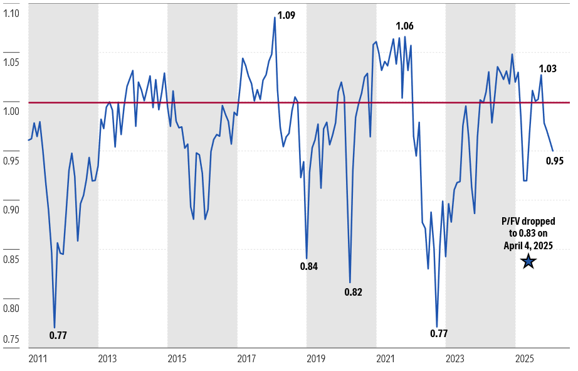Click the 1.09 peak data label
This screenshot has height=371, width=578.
pyautogui.click(x=286, y=15)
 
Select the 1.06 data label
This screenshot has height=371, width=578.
pyautogui.click(x=404, y=26)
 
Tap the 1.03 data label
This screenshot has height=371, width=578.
pyautogui.click(x=548, y=68)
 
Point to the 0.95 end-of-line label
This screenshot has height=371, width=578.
pyautogui.click(x=555, y=161)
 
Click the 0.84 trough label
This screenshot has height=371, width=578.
pyautogui.click(x=308, y=266)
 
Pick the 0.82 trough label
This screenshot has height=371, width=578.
pyautogui.click(x=353, y=292)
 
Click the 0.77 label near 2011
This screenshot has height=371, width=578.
pyautogui.click(x=58, y=335)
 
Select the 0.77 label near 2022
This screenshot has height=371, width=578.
pyautogui.click(x=439, y=333)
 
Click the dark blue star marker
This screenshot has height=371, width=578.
pyautogui.click(x=528, y=261)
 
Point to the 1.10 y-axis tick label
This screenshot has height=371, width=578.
pyautogui.click(x=12, y=13)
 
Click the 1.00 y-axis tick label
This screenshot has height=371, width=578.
pyautogui.click(x=12, y=112)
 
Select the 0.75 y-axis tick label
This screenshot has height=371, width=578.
pyautogui.click(x=12, y=340)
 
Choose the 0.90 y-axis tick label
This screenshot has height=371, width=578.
pyautogui.click(x=12, y=210)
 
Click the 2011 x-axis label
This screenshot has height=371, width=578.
pyautogui.click(x=38, y=360)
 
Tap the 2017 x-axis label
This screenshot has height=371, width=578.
pyautogui.click(x=246, y=360)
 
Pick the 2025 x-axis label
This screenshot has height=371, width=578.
pyautogui.click(x=525, y=360)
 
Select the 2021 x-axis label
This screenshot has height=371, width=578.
pyautogui.click(x=386, y=360)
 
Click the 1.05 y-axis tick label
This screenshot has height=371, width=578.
pyautogui.click(x=12, y=62)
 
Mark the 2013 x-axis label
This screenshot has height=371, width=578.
pyautogui.click(x=107, y=360)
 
